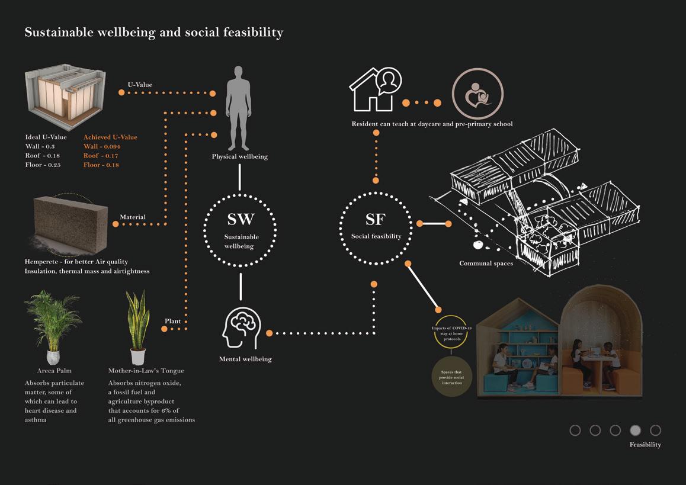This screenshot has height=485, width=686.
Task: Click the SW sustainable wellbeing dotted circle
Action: tap(241, 229)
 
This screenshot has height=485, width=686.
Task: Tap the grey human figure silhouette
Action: tap(239, 107)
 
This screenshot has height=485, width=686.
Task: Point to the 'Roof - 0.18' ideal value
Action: tap(43, 156)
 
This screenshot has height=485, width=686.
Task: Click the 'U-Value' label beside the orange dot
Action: tap(140, 85)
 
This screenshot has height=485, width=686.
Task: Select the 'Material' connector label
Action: tap(133, 217)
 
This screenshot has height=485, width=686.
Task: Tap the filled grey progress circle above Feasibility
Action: tap(635, 431)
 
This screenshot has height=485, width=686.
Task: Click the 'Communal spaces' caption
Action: tap(486, 263)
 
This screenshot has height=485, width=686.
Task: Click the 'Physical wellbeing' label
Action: tap(240, 157)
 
